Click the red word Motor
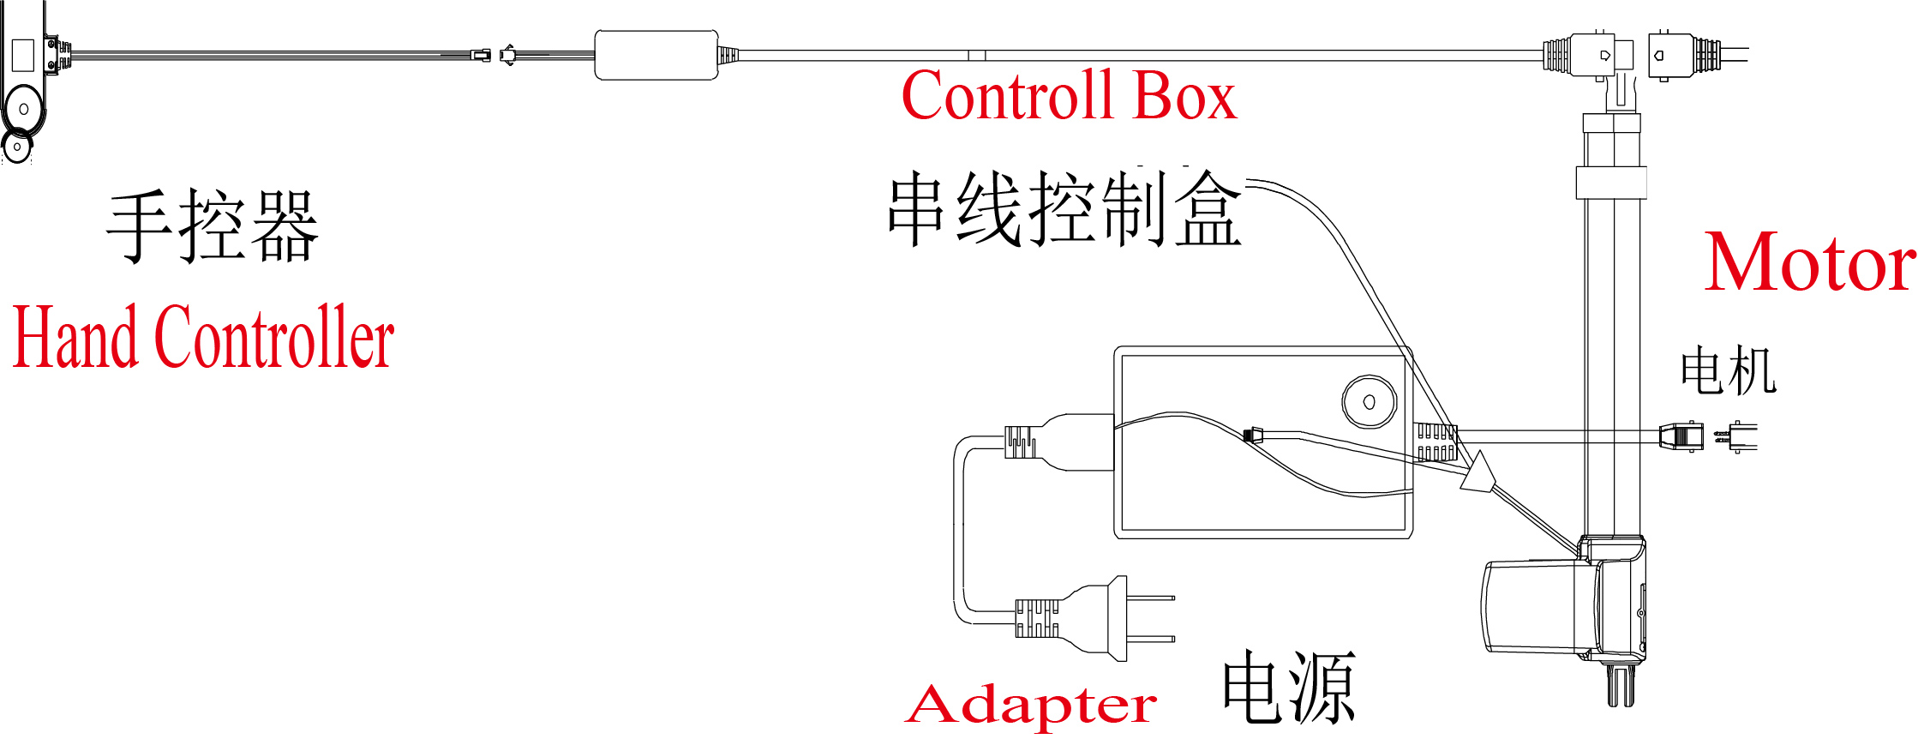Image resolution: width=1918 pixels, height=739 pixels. (1808, 263)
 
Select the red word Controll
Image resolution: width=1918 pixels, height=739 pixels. (1008, 96)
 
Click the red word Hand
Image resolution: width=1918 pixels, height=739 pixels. (75, 338)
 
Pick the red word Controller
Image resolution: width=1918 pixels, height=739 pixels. (274, 338)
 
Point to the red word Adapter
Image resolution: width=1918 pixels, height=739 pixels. (1031, 706)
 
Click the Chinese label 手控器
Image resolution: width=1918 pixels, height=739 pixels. (213, 226)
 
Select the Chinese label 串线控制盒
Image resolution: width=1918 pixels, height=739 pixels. (1064, 209)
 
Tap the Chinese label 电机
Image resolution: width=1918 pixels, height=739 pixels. (1728, 370)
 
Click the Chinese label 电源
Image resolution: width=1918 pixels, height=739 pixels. (1288, 687)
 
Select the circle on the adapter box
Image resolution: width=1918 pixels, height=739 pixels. (1369, 401)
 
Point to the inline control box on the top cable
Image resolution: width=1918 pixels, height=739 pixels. (656, 56)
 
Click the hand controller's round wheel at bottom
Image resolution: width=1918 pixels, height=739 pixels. (18, 147)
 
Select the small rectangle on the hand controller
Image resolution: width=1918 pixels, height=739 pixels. (23, 55)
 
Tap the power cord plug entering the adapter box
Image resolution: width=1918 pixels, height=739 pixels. (1059, 442)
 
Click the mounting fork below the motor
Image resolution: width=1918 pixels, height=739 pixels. (1620, 686)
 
